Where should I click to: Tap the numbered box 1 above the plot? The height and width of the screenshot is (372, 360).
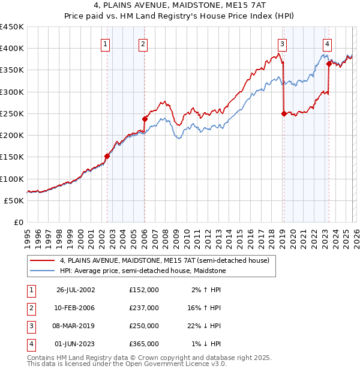click(106, 43)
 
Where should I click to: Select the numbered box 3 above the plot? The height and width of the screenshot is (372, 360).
click(281, 43)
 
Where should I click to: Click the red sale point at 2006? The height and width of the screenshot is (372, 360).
click(145, 119)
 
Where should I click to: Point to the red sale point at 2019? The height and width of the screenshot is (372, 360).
click(284, 113)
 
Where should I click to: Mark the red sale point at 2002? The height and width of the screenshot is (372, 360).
click(107, 156)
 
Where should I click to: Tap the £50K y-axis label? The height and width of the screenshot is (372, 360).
click(14, 200)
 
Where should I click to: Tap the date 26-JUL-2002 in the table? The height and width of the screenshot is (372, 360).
click(75, 290)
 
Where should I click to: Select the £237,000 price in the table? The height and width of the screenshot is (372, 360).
click(143, 308)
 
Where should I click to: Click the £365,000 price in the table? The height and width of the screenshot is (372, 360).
click(143, 344)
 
